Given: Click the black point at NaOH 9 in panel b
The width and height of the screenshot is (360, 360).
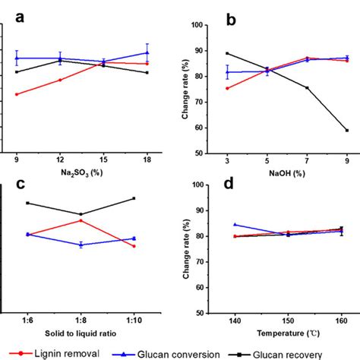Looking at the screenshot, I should tap(347, 130).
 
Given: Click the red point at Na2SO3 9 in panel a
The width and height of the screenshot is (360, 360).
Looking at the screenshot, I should tap(17, 94).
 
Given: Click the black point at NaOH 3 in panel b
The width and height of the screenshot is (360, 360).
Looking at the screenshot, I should tap(227, 53).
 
